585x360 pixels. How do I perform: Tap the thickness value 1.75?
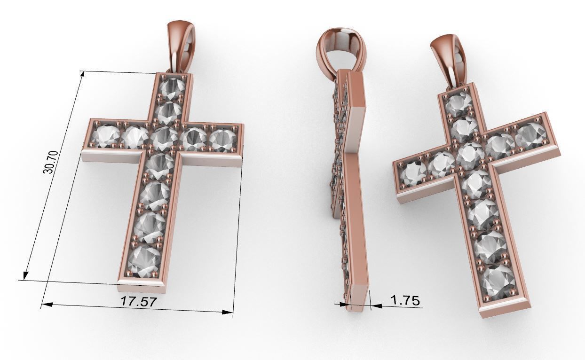[405, 300]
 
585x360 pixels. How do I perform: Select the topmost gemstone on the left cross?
[173, 87]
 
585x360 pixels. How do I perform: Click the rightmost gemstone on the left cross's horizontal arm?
[222, 140]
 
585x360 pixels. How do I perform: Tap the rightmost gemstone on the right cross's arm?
[531, 135]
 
